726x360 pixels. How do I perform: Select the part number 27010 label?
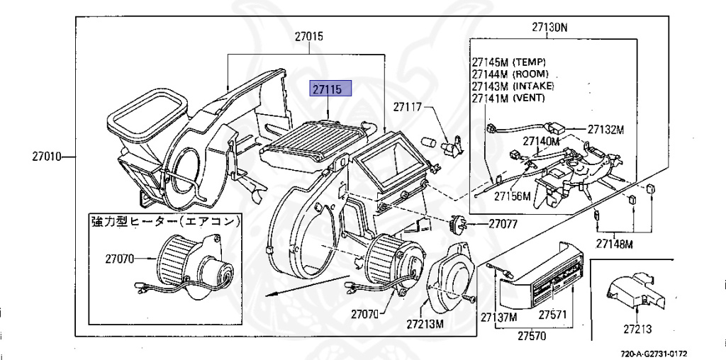coord(47,157)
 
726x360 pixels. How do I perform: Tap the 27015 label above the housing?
coord(309,37)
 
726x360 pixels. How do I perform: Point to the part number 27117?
coord(408,107)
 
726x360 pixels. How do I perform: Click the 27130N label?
coord(549,27)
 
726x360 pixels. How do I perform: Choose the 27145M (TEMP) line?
coord(509,62)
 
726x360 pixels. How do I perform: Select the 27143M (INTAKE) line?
coord(513,86)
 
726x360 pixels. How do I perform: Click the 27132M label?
coord(605,130)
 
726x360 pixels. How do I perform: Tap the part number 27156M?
coord(512,196)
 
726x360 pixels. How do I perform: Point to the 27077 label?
coord(503,225)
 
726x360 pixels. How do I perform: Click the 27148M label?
coord(614,243)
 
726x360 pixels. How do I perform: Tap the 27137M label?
coord(498,317)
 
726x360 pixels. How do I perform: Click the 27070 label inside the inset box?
coord(119,259)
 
